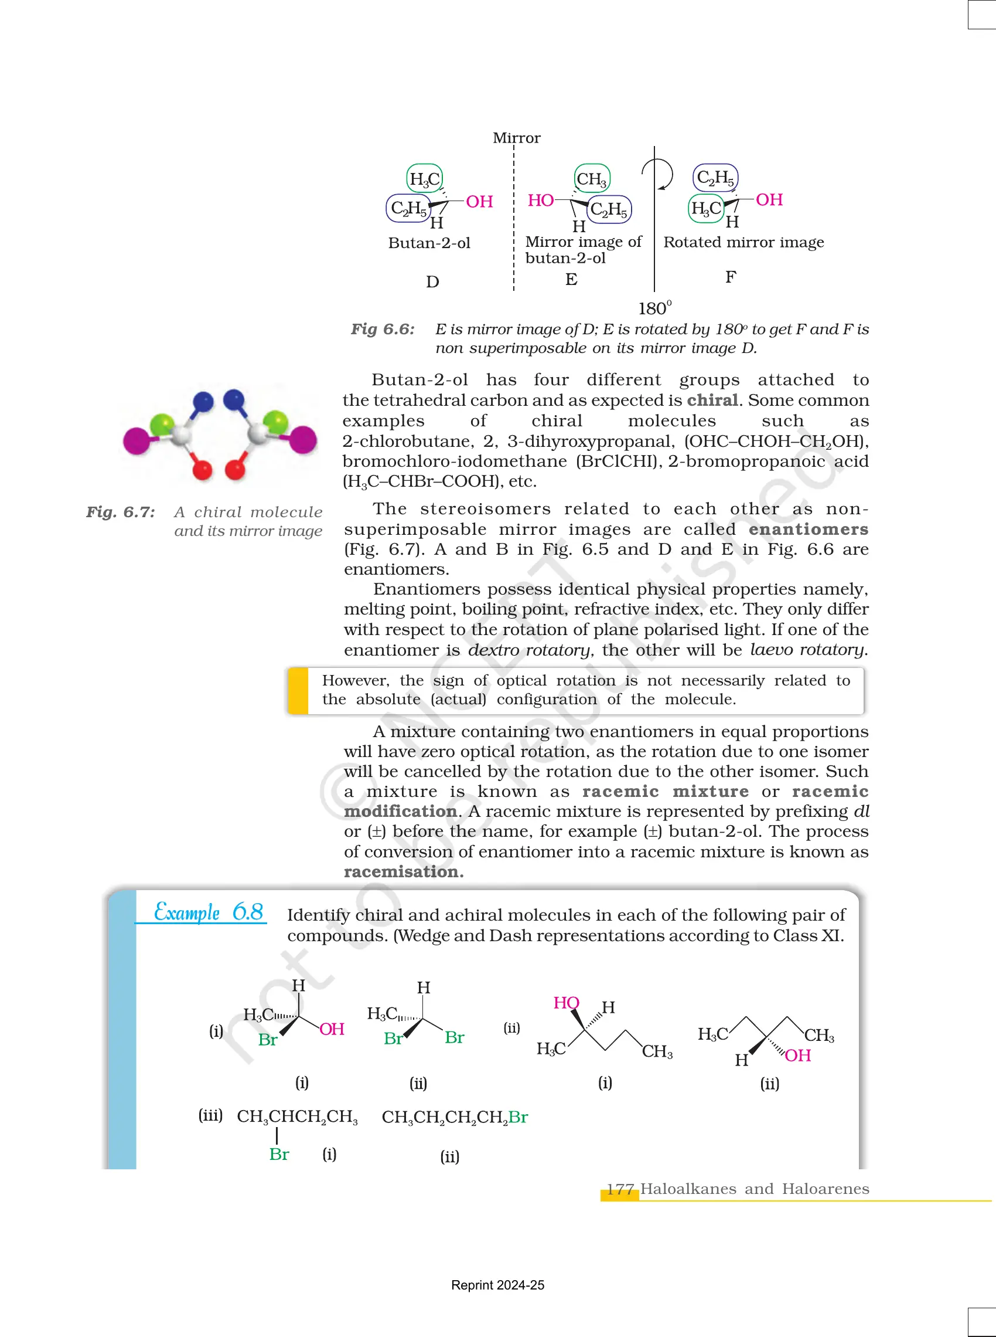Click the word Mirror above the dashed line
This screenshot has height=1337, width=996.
pyautogui.click(x=516, y=138)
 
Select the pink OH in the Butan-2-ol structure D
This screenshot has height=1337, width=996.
pyautogui.click(x=479, y=202)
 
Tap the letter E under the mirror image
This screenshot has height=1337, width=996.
pyautogui.click(x=571, y=279)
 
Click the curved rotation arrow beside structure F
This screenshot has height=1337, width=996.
pyautogui.click(x=660, y=174)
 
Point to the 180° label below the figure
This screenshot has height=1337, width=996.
pyautogui.click(x=654, y=308)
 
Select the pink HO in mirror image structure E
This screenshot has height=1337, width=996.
pyautogui.click(x=540, y=201)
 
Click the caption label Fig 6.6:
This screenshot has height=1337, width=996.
pyautogui.click(x=383, y=330)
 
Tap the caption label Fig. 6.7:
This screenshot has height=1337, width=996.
pyautogui.click(x=121, y=513)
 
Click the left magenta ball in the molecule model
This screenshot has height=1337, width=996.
pyautogui.click(x=137, y=440)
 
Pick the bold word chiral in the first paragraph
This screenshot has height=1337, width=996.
pyautogui.click(x=712, y=401)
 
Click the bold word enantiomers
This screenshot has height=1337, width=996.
pyautogui.click(x=808, y=529)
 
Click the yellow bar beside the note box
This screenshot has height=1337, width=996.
pyautogui.click(x=298, y=690)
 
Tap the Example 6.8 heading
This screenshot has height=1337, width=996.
pyautogui.click(x=208, y=912)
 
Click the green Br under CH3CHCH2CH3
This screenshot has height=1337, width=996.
pyautogui.click(x=278, y=1154)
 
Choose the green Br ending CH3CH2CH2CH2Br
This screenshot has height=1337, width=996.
pyautogui.click(x=518, y=1117)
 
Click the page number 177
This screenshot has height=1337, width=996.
pyautogui.click(x=620, y=1189)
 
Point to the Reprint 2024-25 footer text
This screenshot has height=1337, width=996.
pyautogui.click(x=497, y=1285)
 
